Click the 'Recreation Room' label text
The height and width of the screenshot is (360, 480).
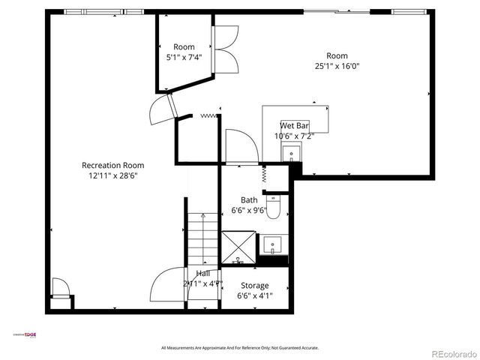coord(112,165)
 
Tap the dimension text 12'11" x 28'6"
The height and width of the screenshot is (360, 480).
coord(112,175)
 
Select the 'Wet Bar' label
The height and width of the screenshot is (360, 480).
coord(295,125)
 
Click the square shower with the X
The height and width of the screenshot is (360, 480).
coord(238,248)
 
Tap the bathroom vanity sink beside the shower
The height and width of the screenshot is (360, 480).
coord(272,244)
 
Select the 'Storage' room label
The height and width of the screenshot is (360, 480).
coord(255,285)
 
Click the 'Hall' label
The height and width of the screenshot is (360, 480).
coord(203,274)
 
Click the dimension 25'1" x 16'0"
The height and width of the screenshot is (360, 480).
coord(337,66)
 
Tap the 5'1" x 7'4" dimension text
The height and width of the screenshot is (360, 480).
coord(184,56)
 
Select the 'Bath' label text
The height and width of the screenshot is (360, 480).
coord(249,200)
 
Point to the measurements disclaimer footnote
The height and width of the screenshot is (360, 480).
coord(240,348)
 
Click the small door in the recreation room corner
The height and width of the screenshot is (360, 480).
coord(60,289)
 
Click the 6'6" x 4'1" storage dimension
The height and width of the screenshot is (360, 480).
coord(255,295)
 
